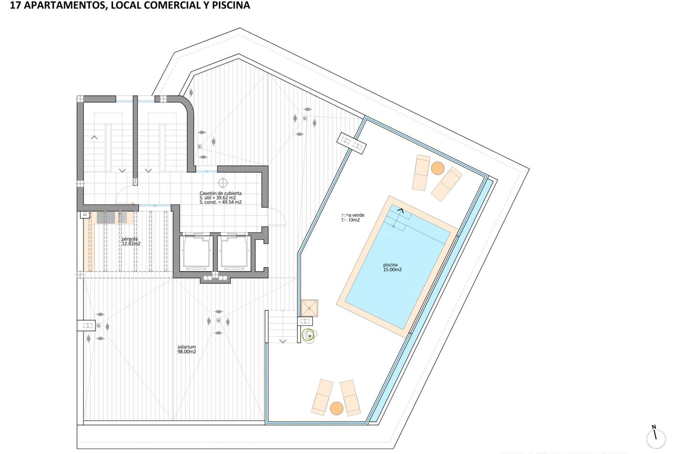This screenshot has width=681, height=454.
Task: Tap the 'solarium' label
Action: click(x=187, y=347)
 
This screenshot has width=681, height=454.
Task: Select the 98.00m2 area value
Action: click(x=187, y=352)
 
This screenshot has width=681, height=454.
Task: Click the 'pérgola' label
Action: click(x=130, y=239)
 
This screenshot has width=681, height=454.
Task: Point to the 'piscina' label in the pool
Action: click(x=390, y=265)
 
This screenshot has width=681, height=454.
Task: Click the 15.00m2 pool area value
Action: click(x=392, y=270)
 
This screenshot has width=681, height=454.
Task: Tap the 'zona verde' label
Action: click(x=353, y=215)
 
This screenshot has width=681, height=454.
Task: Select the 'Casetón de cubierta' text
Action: click(x=220, y=193)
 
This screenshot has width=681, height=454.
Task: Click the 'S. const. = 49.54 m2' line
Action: click(x=220, y=202)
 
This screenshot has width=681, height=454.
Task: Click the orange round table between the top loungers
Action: click(x=438, y=168)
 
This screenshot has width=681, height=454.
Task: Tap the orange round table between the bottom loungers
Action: click(x=337, y=408)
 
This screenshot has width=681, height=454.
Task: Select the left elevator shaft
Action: click(x=196, y=253)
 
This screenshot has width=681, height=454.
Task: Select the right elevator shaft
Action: click(x=234, y=253)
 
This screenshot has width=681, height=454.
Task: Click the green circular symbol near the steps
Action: click(x=309, y=335)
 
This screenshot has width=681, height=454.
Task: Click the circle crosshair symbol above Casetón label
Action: click(x=223, y=183)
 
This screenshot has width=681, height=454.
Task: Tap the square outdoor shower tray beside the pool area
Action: click(x=309, y=308)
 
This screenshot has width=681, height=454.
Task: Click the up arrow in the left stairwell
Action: click(x=94, y=137)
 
